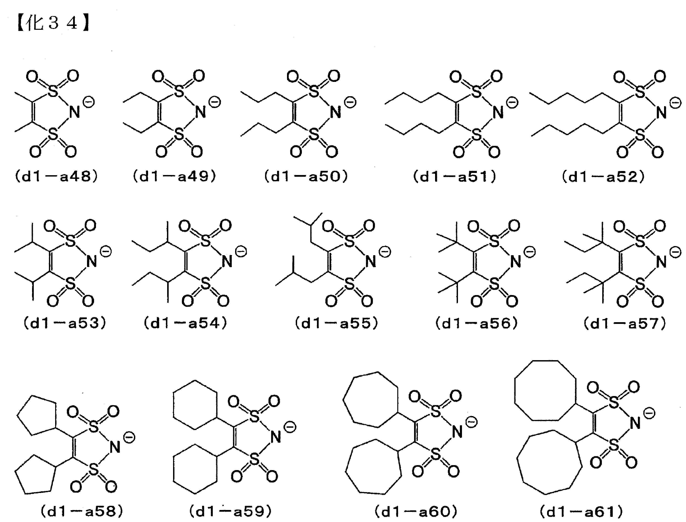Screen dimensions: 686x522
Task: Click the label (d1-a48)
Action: point(56,177)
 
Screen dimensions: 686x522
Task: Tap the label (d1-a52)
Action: point(603,177)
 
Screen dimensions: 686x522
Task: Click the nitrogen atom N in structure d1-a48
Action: point(75,112)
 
